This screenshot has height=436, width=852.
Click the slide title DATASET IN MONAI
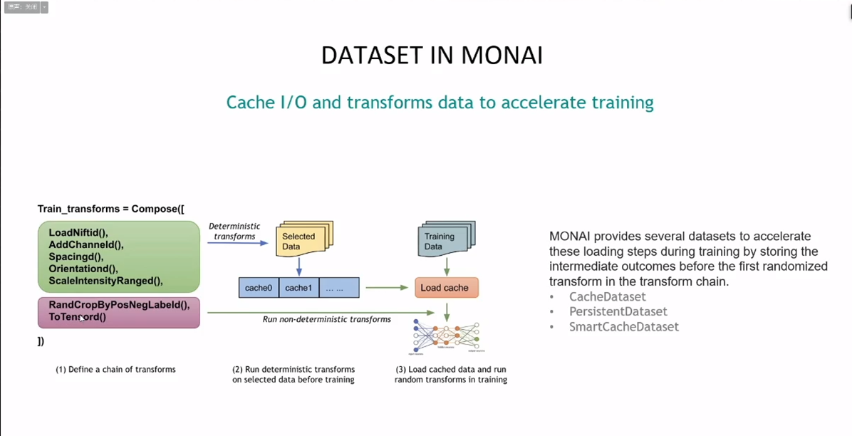(432, 56)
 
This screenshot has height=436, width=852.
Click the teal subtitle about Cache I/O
(440, 103)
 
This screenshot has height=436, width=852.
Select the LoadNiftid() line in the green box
(78, 233)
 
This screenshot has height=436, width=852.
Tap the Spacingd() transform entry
(76, 257)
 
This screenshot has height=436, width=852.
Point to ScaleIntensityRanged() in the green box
(105, 281)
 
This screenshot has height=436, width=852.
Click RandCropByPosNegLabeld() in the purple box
(119, 305)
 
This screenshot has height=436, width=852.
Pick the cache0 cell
(259, 288)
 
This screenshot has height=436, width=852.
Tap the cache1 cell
(298, 288)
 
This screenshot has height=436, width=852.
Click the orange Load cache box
(446, 288)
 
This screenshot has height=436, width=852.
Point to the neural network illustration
(447, 336)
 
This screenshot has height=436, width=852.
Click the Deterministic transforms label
(234, 232)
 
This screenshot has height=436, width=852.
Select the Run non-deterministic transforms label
(326, 319)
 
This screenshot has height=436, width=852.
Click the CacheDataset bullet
(607, 296)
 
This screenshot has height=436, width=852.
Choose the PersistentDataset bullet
(618, 311)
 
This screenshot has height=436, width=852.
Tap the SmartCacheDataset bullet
(623, 327)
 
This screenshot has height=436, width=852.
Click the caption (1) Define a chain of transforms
(115, 370)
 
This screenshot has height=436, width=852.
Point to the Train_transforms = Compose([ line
(110, 209)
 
